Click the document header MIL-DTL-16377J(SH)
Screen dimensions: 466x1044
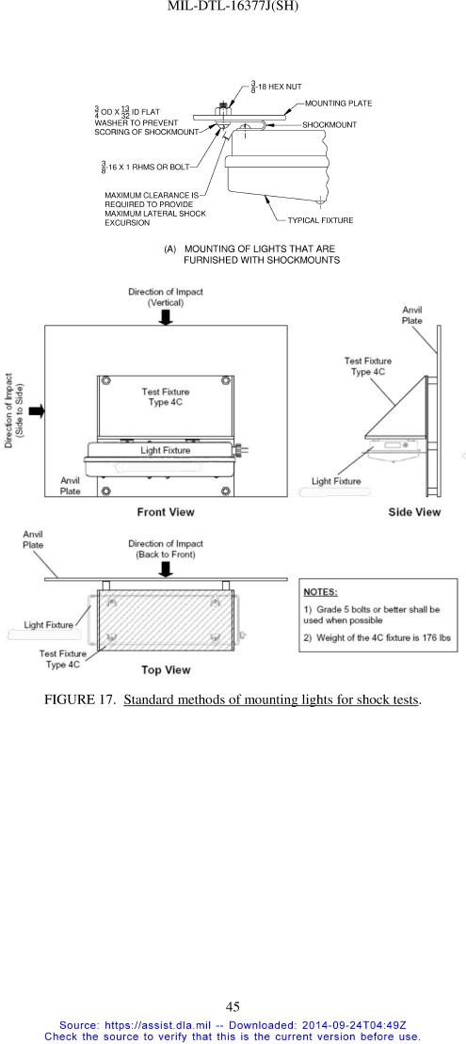pos(233,6)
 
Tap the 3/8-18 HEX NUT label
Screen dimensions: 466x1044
pos(276,87)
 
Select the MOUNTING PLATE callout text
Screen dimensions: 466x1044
pos(338,104)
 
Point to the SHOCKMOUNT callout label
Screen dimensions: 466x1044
pos(329,124)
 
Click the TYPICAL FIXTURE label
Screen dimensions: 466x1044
pos(320,219)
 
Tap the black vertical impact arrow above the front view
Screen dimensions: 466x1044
pos(166,317)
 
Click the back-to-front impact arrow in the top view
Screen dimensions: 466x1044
pos(166,569)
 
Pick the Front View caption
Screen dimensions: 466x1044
pos(166,511)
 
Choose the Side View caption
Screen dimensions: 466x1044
pos(414,511)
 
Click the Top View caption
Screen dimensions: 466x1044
pos(166,670)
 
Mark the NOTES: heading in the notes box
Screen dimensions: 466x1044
pos(320,591)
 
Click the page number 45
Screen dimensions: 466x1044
pos(233,1006)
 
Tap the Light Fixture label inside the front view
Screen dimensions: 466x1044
pos(165,450)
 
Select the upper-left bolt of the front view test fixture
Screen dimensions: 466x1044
pos(104,381)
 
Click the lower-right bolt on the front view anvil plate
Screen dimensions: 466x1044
pos(226,491)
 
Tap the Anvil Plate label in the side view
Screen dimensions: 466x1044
pos(411,315)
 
